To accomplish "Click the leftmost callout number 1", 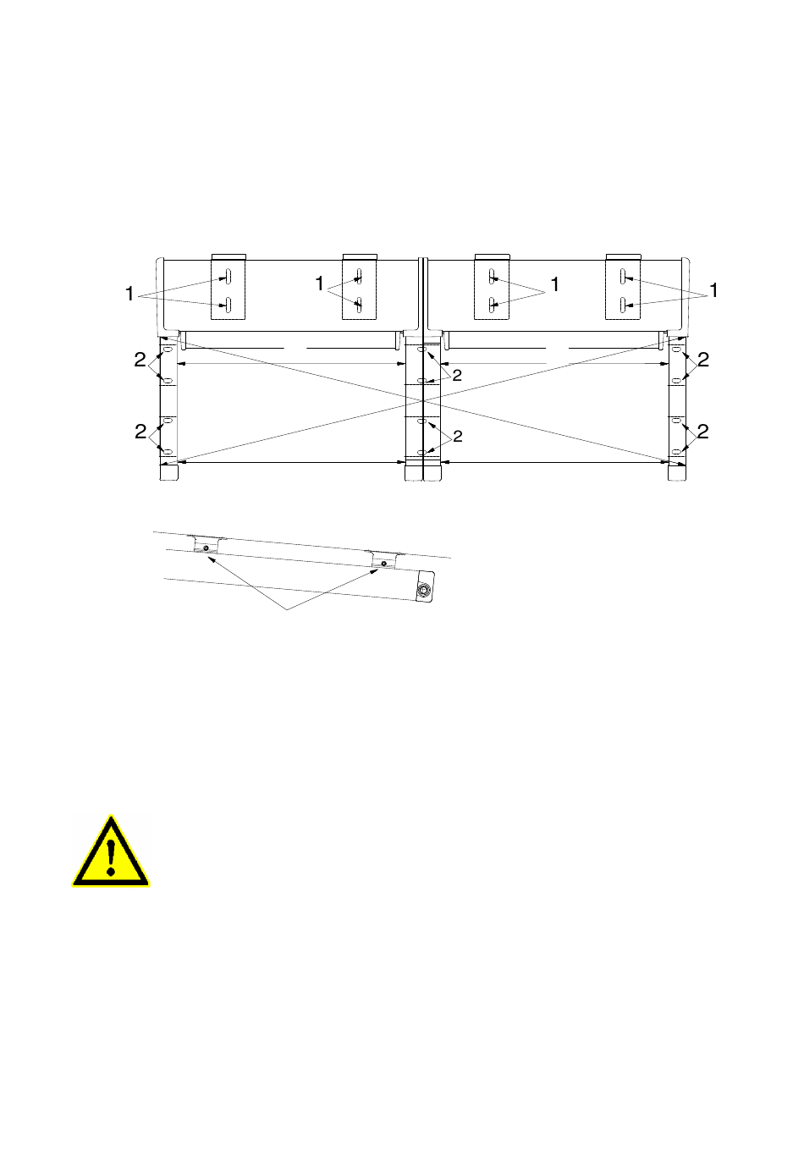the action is click(129, 294).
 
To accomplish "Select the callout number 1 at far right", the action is click(713, 290).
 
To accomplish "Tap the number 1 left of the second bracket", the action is click(320, 283).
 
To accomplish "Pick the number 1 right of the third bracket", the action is click(554, 284).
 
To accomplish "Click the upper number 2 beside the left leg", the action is click(140, 360).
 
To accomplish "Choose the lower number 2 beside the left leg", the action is click(140, 432).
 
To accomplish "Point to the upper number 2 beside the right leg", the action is click(703, 360).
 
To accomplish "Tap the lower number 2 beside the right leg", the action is click(702, 432).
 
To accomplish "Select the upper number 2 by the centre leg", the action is click(457, 375).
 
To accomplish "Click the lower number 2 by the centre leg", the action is click(458, 436).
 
